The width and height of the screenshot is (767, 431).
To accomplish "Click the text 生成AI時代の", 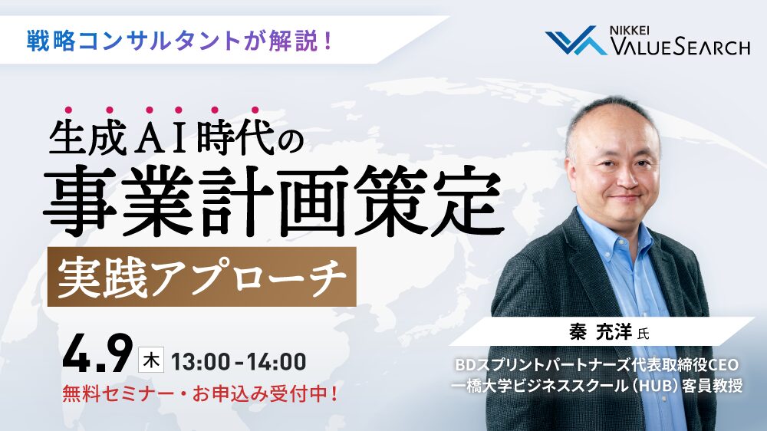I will click(177, 143).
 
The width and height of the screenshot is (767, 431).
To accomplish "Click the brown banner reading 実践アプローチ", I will click(202, 277).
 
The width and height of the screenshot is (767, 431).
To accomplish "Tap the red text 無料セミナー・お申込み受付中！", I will click(202, 396).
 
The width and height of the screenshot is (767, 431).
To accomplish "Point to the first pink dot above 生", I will click(67, 110).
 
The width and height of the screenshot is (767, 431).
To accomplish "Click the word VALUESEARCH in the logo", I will click(680, 48).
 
